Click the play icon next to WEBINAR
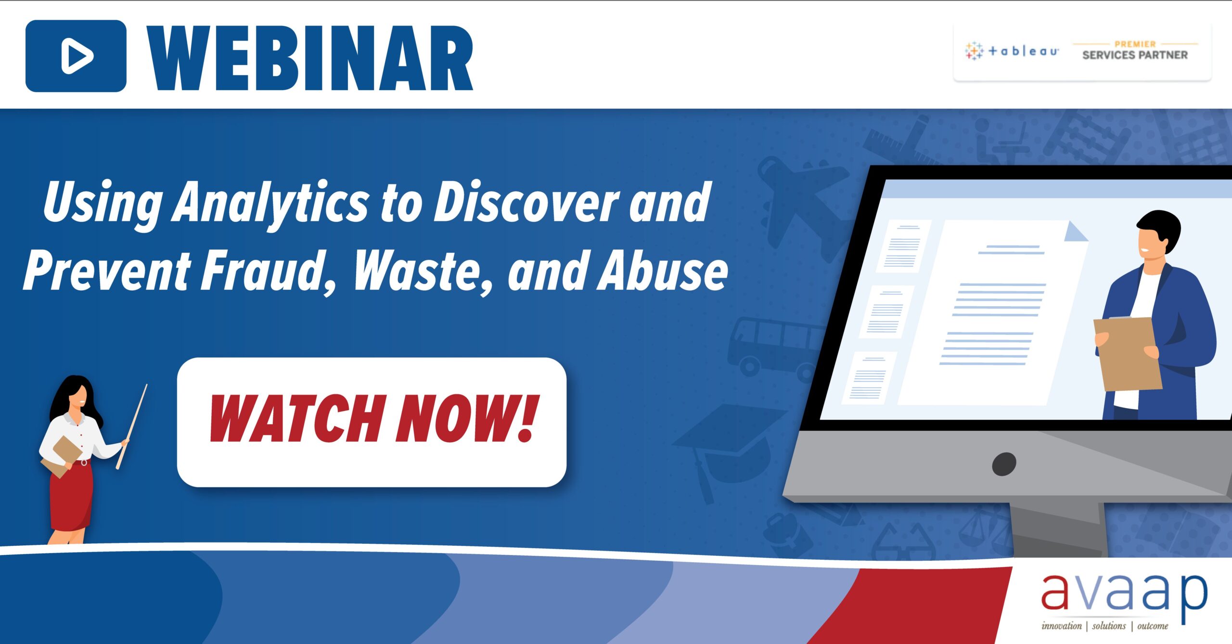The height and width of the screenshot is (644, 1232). (76, 56)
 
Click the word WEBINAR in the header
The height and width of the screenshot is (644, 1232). (310, 58)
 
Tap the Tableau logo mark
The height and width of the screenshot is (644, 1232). (974, 51)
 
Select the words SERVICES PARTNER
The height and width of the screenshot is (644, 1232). (1135, 55)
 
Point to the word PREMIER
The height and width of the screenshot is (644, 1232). (1135, 44)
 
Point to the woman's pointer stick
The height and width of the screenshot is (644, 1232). (131, 426)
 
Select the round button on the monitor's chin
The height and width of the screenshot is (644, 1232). (1004, 464)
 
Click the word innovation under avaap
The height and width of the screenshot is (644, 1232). (1061, 626)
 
